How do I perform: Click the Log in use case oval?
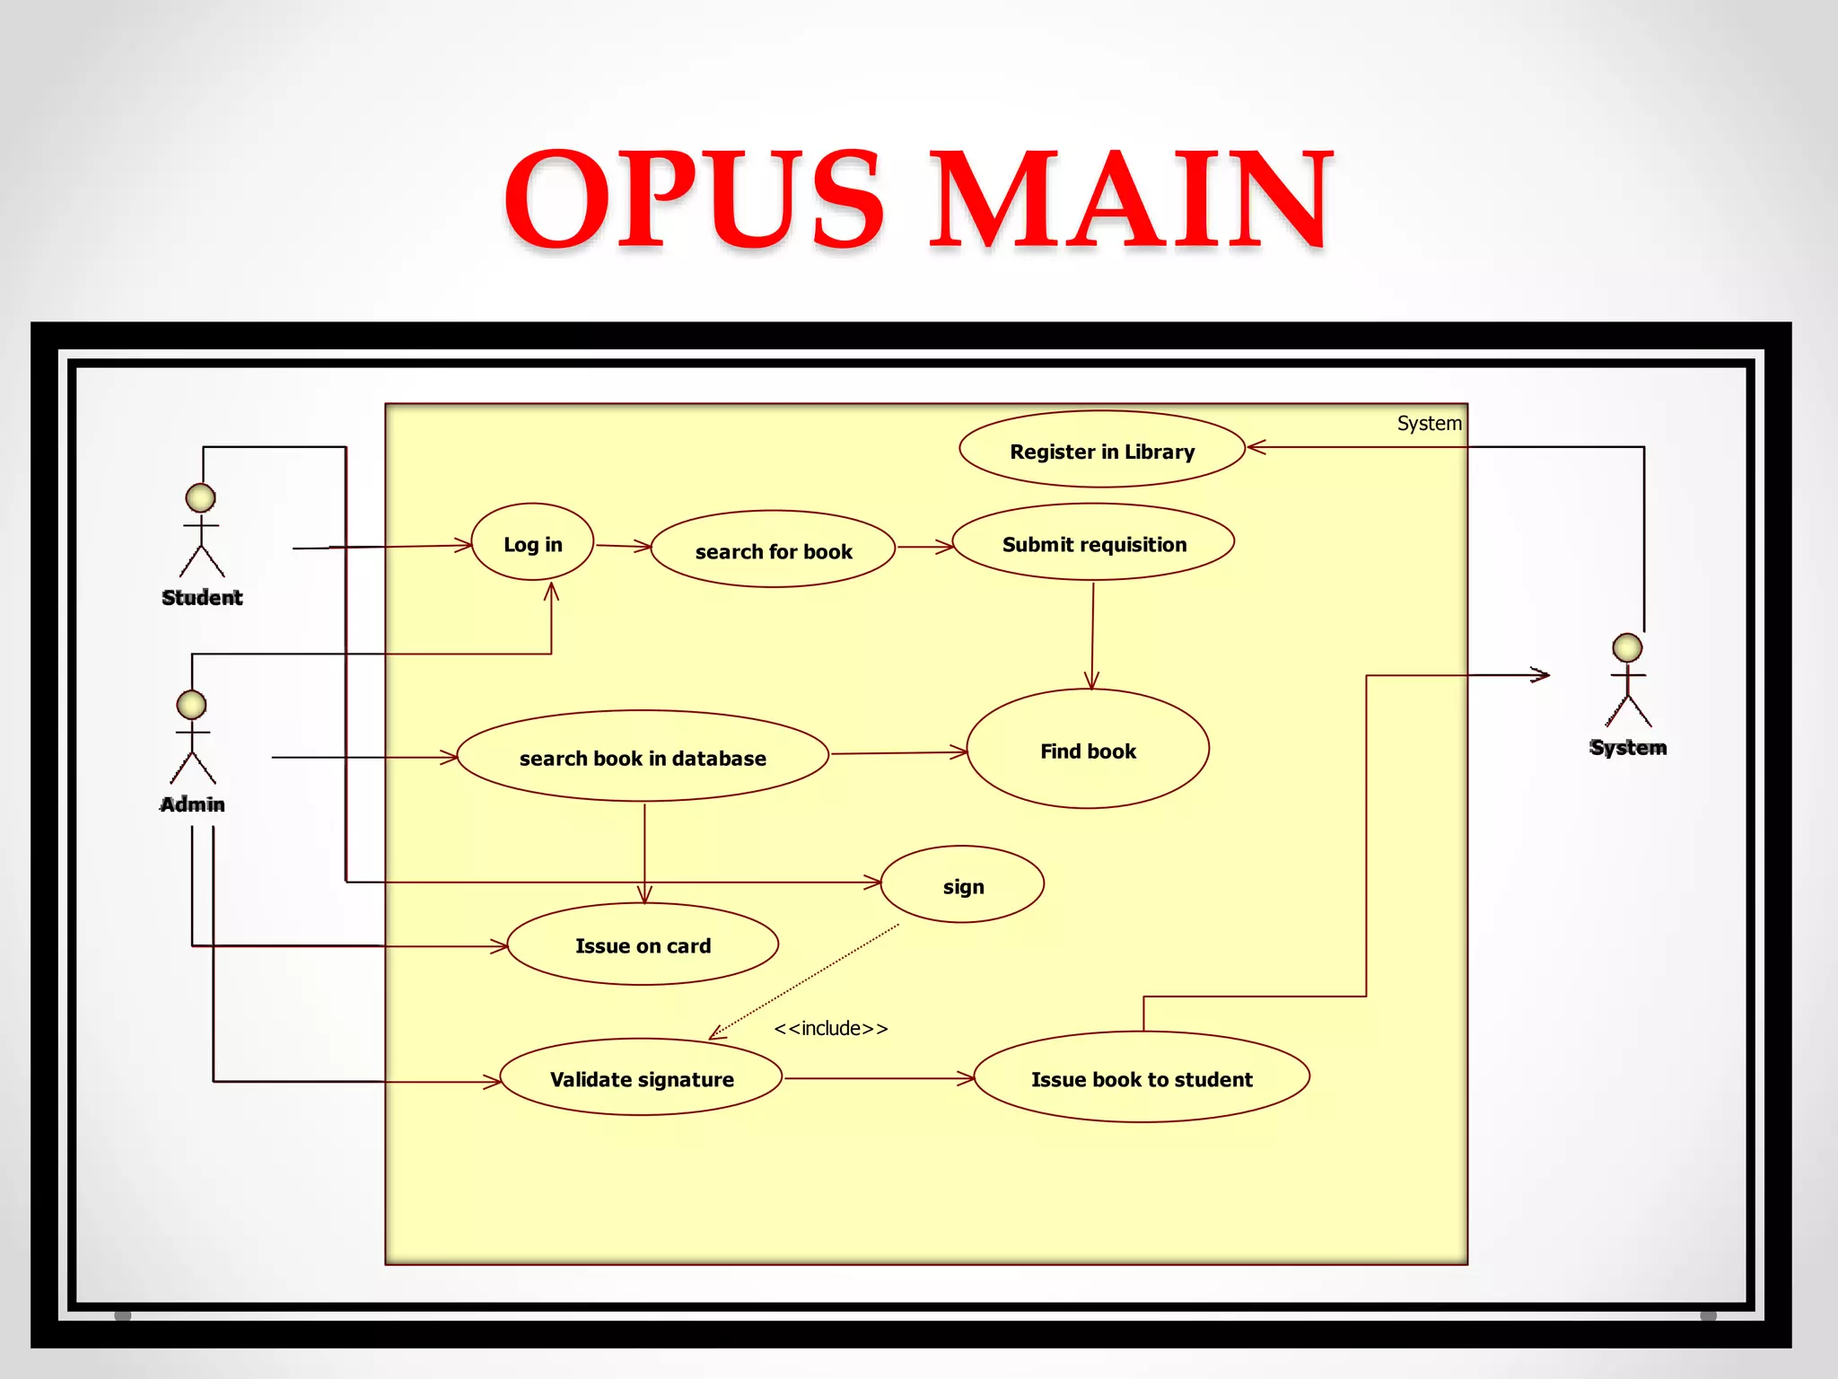(x=532, y=542)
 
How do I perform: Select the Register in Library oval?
(x=1101, y=450)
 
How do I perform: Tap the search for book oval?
(x=773, y=549)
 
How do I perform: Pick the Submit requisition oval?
(x=1093, y=542)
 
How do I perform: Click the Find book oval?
(x=1088, y=750)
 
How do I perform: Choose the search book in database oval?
(x=643, y=757)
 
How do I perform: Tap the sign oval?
(x=962, y=885)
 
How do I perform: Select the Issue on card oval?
(x=643, y=944)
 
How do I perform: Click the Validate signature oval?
(x=641, y=1078)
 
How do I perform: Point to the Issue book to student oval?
(x=1141, y=1078)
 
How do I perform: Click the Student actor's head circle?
(x=200, y=497)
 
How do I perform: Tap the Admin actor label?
(x=192, y=804)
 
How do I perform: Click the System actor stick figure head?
(x=1627, y=647)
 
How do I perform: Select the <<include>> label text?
(x=830, y=1028)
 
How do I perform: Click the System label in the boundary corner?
(x=1429, y=423)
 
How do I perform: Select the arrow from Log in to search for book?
(x=623, y=546)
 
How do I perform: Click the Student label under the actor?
(x=202, y=597)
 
